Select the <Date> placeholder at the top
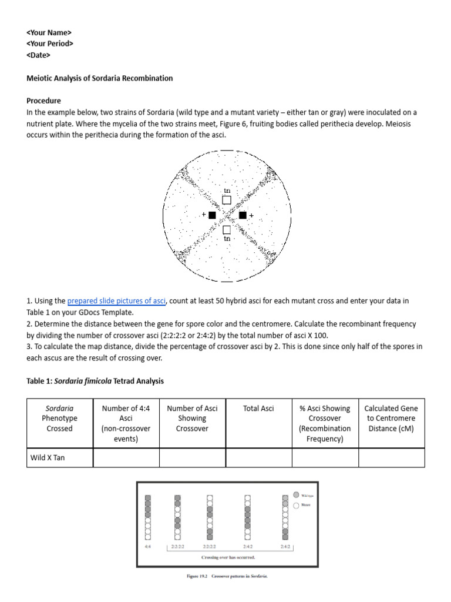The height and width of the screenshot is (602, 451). pos(39,55)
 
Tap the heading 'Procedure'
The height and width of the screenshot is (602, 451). pos(44,101)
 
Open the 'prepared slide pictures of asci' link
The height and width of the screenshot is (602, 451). pos(117,301)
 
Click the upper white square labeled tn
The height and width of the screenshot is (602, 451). pos(227,201)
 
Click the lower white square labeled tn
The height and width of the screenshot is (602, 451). pos(227,229)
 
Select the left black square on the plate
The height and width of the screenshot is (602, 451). pos(212,215)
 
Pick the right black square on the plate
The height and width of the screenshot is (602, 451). pos(243,215)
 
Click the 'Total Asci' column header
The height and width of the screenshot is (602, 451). pos(258,409)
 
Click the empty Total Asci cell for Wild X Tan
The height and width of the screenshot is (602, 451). pos(258,457)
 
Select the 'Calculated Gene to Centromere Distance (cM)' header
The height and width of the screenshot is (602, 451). pos(391,418)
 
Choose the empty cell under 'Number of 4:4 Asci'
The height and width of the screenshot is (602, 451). pos(126,457)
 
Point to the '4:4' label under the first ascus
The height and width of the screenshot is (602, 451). pos(148,546)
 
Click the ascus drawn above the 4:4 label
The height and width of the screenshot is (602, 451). pos(148,517)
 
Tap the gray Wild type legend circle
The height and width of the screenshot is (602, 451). pos(296,495)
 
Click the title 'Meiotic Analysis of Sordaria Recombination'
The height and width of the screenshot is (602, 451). pos(100,78)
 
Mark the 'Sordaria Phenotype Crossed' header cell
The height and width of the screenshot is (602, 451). pos(60,418)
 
